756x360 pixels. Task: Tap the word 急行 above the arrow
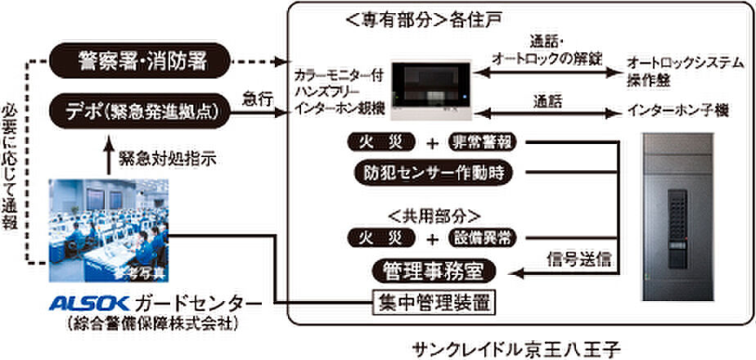tap(256, 97)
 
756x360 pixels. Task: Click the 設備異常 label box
tap(485, 238)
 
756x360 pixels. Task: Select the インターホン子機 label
tap(673, 109)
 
